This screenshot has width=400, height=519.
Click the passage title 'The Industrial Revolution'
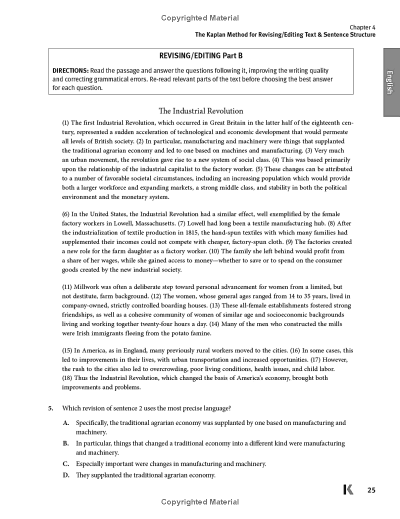point(200,111)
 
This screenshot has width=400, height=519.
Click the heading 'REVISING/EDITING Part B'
point(200,55)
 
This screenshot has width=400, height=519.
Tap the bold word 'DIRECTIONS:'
point(70,71)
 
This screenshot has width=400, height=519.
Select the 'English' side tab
point(391,82)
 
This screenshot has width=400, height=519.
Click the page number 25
point(371,490)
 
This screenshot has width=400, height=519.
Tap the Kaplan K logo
point(348,490)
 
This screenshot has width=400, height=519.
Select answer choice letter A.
point(66,423)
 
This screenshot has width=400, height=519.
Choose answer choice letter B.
point(66,443)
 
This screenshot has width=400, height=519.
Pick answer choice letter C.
point(66,464)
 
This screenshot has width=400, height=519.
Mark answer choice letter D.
point(66,475)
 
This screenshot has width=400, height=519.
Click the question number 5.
point(51,408)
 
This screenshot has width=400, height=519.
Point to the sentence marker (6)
point(66,214)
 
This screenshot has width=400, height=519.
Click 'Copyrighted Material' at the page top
point(200,18)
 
